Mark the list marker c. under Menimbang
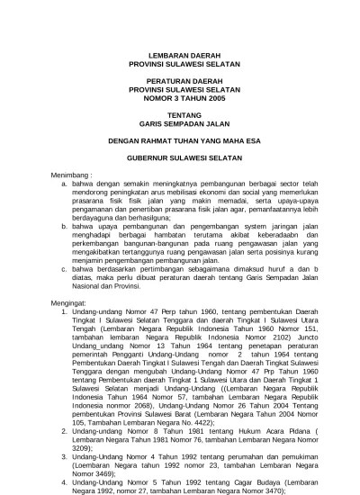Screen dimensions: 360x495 coord(65,269)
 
